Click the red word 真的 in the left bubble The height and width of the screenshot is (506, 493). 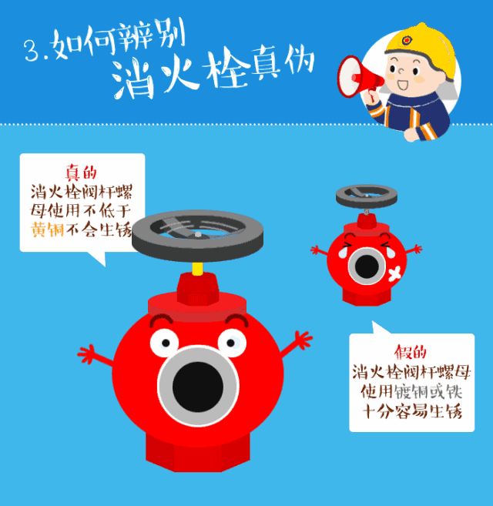81,173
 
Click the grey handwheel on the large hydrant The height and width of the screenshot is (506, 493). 197,234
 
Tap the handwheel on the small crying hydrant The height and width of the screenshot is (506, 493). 366,193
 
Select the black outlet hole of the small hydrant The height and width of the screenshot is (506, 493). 367,266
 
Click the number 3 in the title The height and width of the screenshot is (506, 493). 32,50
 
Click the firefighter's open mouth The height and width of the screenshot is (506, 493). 401,82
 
